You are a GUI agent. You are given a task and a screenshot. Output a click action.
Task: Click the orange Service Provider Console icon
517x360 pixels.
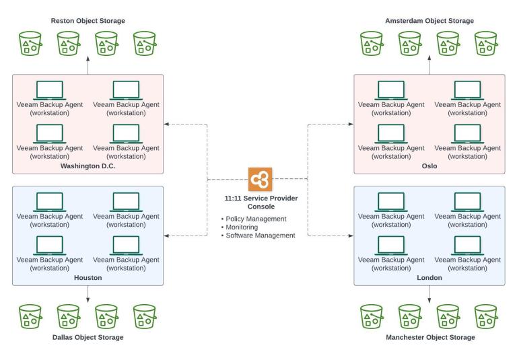coord(258,180)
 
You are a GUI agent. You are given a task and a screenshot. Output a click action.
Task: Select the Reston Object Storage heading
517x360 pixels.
coord(88,21)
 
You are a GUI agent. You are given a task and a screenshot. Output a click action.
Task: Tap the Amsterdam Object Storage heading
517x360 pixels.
coord(429,21)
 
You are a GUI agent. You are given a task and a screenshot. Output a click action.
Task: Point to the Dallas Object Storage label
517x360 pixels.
coord(88,337)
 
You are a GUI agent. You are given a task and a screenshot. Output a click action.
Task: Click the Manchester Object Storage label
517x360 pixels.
coord(429,337)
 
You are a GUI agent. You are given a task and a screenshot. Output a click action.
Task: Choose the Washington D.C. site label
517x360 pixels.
coord(88,166)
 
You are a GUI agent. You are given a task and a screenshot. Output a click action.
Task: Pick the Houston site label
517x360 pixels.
coord(88,277)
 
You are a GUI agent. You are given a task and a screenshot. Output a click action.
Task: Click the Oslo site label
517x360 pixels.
coord(429,166)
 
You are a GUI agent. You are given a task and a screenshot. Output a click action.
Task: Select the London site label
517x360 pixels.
coord(429,277)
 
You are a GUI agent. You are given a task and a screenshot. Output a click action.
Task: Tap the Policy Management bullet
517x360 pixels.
coord(255,219)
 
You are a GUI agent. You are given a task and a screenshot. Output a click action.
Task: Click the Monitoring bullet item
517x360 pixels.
coord(242,227)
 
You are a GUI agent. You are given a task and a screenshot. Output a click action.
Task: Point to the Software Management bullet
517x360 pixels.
coord(260,235)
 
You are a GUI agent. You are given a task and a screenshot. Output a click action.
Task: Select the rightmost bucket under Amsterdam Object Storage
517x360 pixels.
coord(486,44)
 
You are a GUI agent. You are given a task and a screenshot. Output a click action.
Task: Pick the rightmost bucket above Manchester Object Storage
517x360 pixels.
coord(486,316)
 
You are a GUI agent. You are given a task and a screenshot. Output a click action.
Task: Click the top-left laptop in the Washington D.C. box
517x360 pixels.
coord(48,90)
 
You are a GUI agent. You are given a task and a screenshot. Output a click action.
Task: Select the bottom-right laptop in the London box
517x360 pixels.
coord(468,245)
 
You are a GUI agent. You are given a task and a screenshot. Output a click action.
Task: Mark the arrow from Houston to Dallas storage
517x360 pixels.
coord(88,293)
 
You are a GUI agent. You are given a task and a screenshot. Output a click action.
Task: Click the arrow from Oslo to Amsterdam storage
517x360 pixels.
coord(429,66)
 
